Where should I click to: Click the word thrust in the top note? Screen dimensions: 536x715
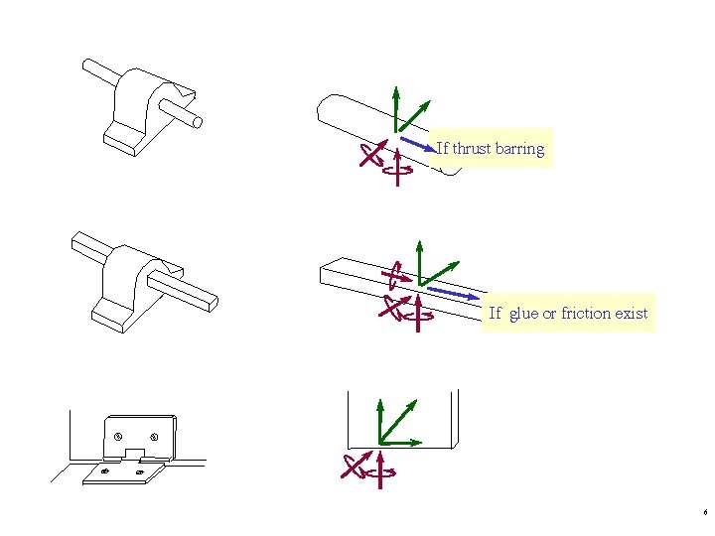471,149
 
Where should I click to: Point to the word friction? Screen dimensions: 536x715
585,314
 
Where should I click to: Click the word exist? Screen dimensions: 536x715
631,314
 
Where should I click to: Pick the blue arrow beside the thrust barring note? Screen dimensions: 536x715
418,145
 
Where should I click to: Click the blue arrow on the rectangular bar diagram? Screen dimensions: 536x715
452,295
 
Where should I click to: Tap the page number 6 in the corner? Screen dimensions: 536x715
704,513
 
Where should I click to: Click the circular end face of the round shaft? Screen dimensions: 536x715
198,122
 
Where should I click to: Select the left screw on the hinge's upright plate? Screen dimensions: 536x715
118,437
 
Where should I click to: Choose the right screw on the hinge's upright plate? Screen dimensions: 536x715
154,437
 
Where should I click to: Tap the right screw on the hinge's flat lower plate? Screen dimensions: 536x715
139,471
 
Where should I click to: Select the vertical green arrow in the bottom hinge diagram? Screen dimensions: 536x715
379,421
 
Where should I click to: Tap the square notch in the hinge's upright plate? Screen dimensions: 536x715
135,453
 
